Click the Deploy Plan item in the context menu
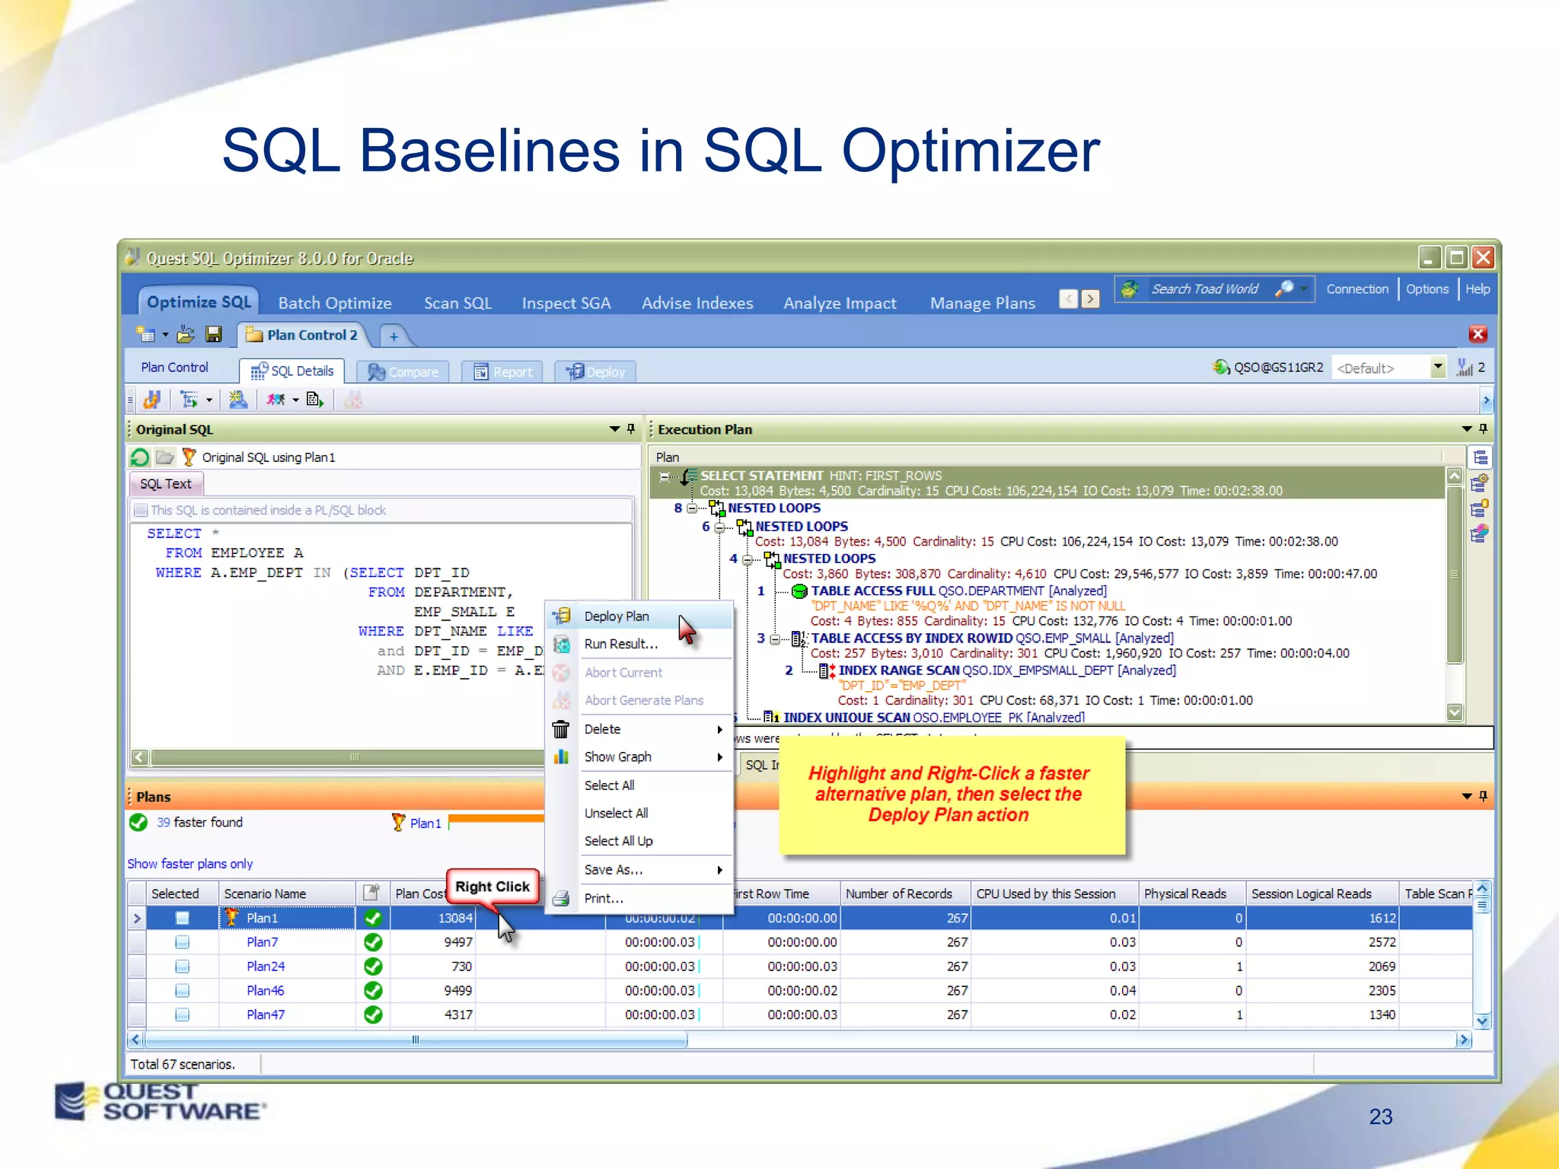click(617, 616)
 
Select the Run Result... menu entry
click(620, 644)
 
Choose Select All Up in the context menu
click(618, 841)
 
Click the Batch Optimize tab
click(335, 303)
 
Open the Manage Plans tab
click(982, 303)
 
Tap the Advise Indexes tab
click(697, 303)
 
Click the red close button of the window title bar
click(1483, 257)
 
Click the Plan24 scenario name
click(266, 967)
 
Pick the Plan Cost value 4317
click(458, 1015)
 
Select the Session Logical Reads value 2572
click(1382, 942)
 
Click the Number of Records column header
click(899, 893)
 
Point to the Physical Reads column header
click(1184, 893)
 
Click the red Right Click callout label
click(493, 887)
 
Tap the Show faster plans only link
click(190, 864)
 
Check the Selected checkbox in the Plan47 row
click(182, 1015)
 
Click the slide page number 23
click(1380, 1116)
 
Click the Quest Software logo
click(160, 1101)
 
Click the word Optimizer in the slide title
click(970, 151)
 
